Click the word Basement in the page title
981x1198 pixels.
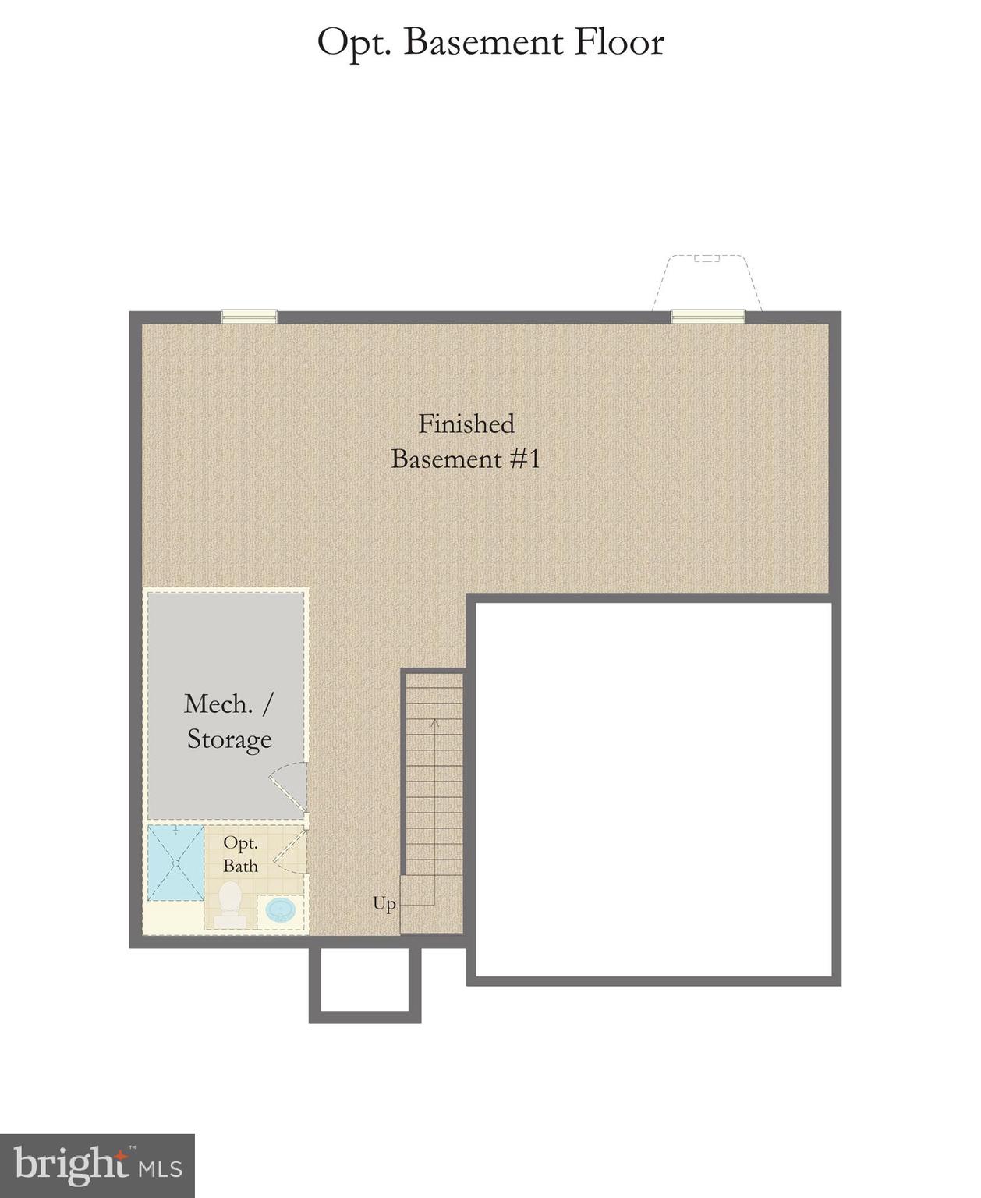tap(483, 42)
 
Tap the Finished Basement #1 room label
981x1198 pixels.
tap(466, 441)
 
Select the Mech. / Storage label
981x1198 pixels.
tap(228, 721)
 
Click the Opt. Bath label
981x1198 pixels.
tap(240, 854)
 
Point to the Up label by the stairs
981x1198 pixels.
tap(384, 904)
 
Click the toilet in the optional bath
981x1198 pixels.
tap(230, 904)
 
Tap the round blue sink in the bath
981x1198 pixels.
tap(281, 909)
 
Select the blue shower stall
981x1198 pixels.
tap(176, 863)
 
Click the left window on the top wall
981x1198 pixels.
tap(250, 316)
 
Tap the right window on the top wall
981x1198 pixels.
tap(708, 316)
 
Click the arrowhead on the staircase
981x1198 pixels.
tap(435, 723)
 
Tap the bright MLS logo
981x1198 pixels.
tap(97, 1165)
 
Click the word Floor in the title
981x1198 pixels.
tap(619, 42)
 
